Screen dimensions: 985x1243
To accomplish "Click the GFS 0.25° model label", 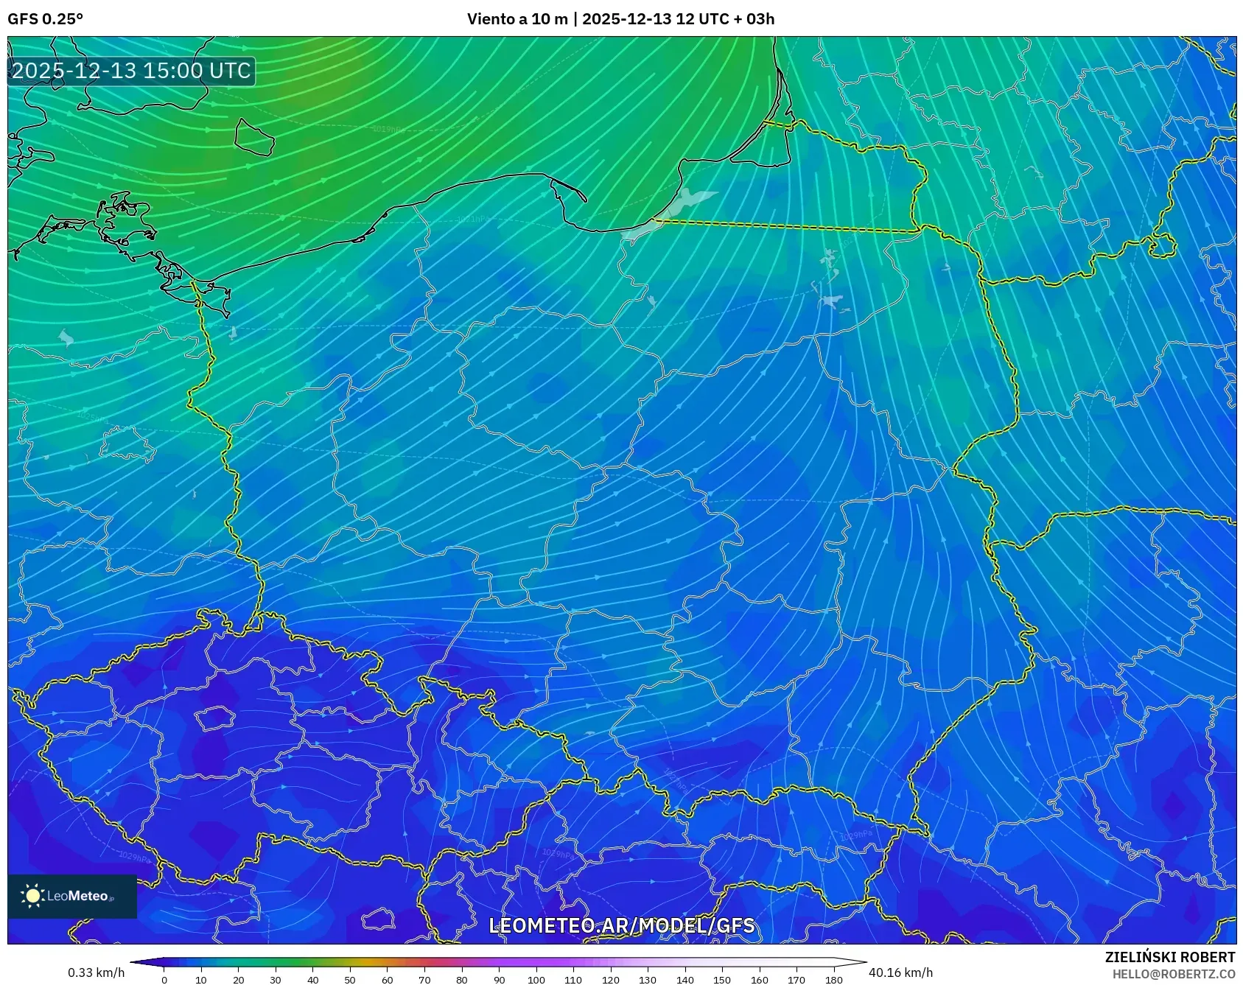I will point(45,19).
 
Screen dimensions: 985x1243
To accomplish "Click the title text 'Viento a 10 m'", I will point(517,19).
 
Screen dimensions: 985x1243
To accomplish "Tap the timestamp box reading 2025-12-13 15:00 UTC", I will point(131,71).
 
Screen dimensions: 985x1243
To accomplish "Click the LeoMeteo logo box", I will point(72,896).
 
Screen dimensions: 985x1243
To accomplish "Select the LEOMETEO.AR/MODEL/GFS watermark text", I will point(622,925).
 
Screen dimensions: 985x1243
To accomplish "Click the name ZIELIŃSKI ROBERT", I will point(1169,957).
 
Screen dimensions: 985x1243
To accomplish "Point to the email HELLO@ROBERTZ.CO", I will point(1173,974).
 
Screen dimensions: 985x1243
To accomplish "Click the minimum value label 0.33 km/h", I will point(96,972).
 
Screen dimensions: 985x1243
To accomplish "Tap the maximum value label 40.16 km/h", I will point(900,972).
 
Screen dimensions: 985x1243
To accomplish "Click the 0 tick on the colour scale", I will point(164,979).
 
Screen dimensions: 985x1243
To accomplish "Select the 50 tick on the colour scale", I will point(350,979).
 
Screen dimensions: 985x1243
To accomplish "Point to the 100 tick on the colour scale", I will point(536,979).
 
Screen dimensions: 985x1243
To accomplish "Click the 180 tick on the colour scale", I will point(833,979).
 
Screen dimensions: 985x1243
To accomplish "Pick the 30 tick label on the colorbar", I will point(276,980).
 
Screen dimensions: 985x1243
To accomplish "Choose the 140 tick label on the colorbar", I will point(684,980).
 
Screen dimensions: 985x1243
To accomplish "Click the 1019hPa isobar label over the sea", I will point(388,129).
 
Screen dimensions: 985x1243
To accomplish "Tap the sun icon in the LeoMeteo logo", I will point(33,896).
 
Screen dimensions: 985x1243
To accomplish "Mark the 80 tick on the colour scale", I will point(461,979).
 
